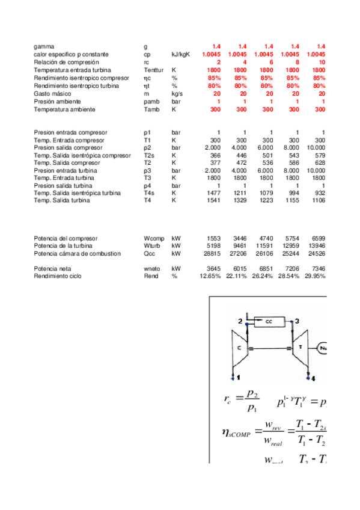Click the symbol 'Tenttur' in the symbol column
pyautogui.click(x=153, y=70)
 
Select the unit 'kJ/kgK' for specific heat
pyautogui.click(x=181, y=55)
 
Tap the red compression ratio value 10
pyautogui.click(x=322, y=63)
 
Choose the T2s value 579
pyautogui.click(x=320, y=156)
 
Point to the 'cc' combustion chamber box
pyautogui.click(x=267, y=322)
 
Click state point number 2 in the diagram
pyautogui.click(x=240, y=322)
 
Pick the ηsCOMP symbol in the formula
pyautogui.click(x=236, y=432)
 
